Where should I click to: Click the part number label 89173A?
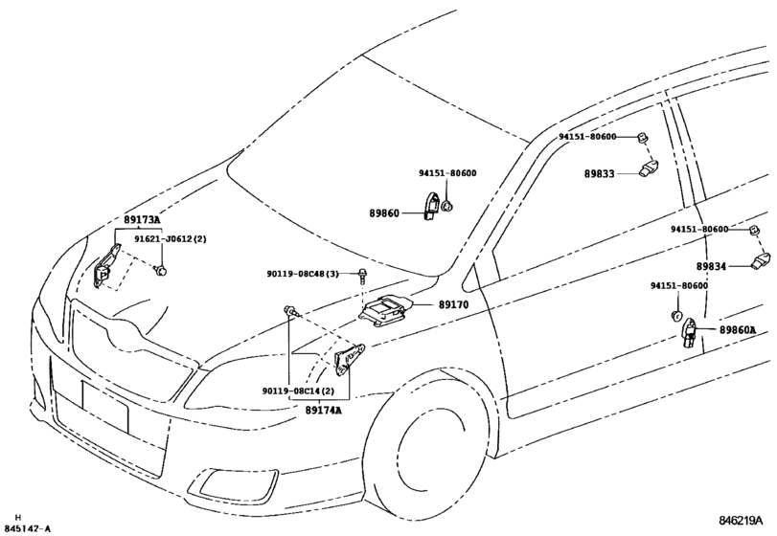(x=141, y=220)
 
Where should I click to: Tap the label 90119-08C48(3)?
(x=303, y=275)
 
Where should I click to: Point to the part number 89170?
(x=454, y=305)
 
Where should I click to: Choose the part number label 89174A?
(x=324, y=410)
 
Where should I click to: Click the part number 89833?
(x=601, y=175)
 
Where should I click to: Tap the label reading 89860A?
(x=738, y=330)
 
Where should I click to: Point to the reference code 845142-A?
(x=28, y=527)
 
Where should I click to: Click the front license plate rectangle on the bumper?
(x=105, y=407)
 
